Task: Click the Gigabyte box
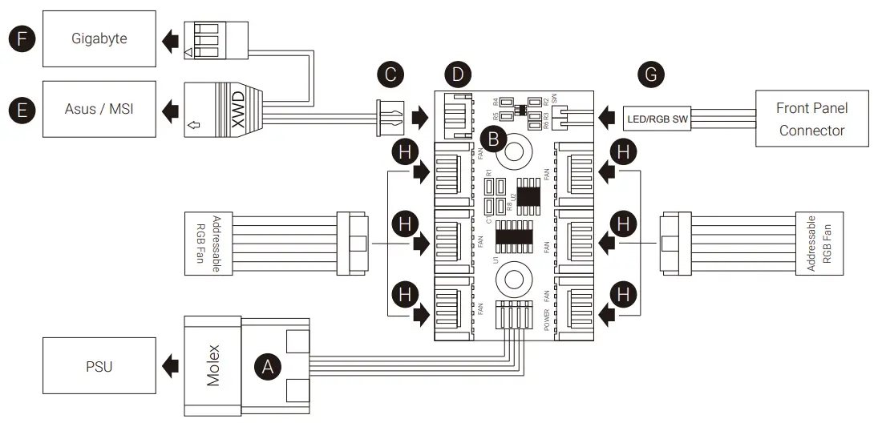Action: point(99,38)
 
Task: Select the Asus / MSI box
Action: point(99,108)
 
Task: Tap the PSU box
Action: point(99,366)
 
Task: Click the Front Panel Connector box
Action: point(811,119)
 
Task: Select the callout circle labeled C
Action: point(390,75)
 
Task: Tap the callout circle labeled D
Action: point(457,75)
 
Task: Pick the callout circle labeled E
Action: point(20,109)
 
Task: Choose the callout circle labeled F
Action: point(20,38)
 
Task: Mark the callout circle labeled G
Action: point(651,75)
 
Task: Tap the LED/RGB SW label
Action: point(657,121)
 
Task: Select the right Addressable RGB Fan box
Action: point(819,242)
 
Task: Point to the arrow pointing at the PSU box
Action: point(169,366)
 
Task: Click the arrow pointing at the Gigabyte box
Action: point(169,39)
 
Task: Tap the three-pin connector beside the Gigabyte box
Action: point(204,38)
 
